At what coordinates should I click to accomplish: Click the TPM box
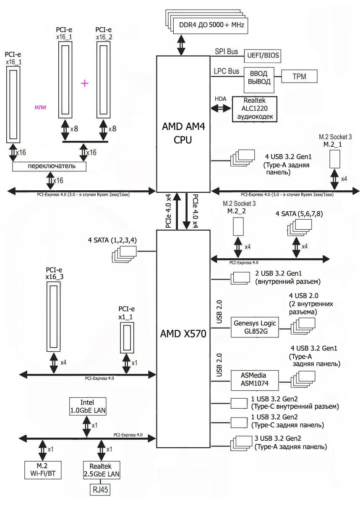pyautogui.click(x=299, y=76)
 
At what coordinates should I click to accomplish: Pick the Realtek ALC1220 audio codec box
pyautogui.click(x=255, y=109)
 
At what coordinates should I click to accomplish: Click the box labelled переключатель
pyautogui.click(x=50, y=166)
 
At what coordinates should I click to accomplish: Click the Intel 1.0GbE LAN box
pyautogui.click(x=87, y=406)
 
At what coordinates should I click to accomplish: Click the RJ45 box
pyautogui.click(x=99, y=490)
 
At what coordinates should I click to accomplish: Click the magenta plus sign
pyautogui.click(x=85, y=83)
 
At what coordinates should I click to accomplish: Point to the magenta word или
pyautogui.click(x=40, y=107)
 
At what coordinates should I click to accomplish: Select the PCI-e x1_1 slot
pyautogui.click(x=127, y=338)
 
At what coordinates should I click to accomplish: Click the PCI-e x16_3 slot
pyautogui.click(x=54, y=317)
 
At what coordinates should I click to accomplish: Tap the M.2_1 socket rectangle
pyautogui.click(x=334, y=158)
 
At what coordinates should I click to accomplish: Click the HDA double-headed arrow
pyautogui.click(x=221, y=108)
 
